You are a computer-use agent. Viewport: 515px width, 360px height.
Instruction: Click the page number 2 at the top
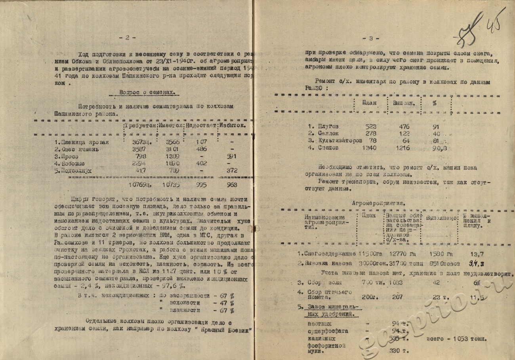coord(127,38)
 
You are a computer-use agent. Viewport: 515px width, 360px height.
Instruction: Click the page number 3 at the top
coord(371,38)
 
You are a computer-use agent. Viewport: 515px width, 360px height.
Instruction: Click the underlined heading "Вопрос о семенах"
coord(147,92)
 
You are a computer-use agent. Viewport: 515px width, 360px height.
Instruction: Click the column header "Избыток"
coord(234,126)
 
